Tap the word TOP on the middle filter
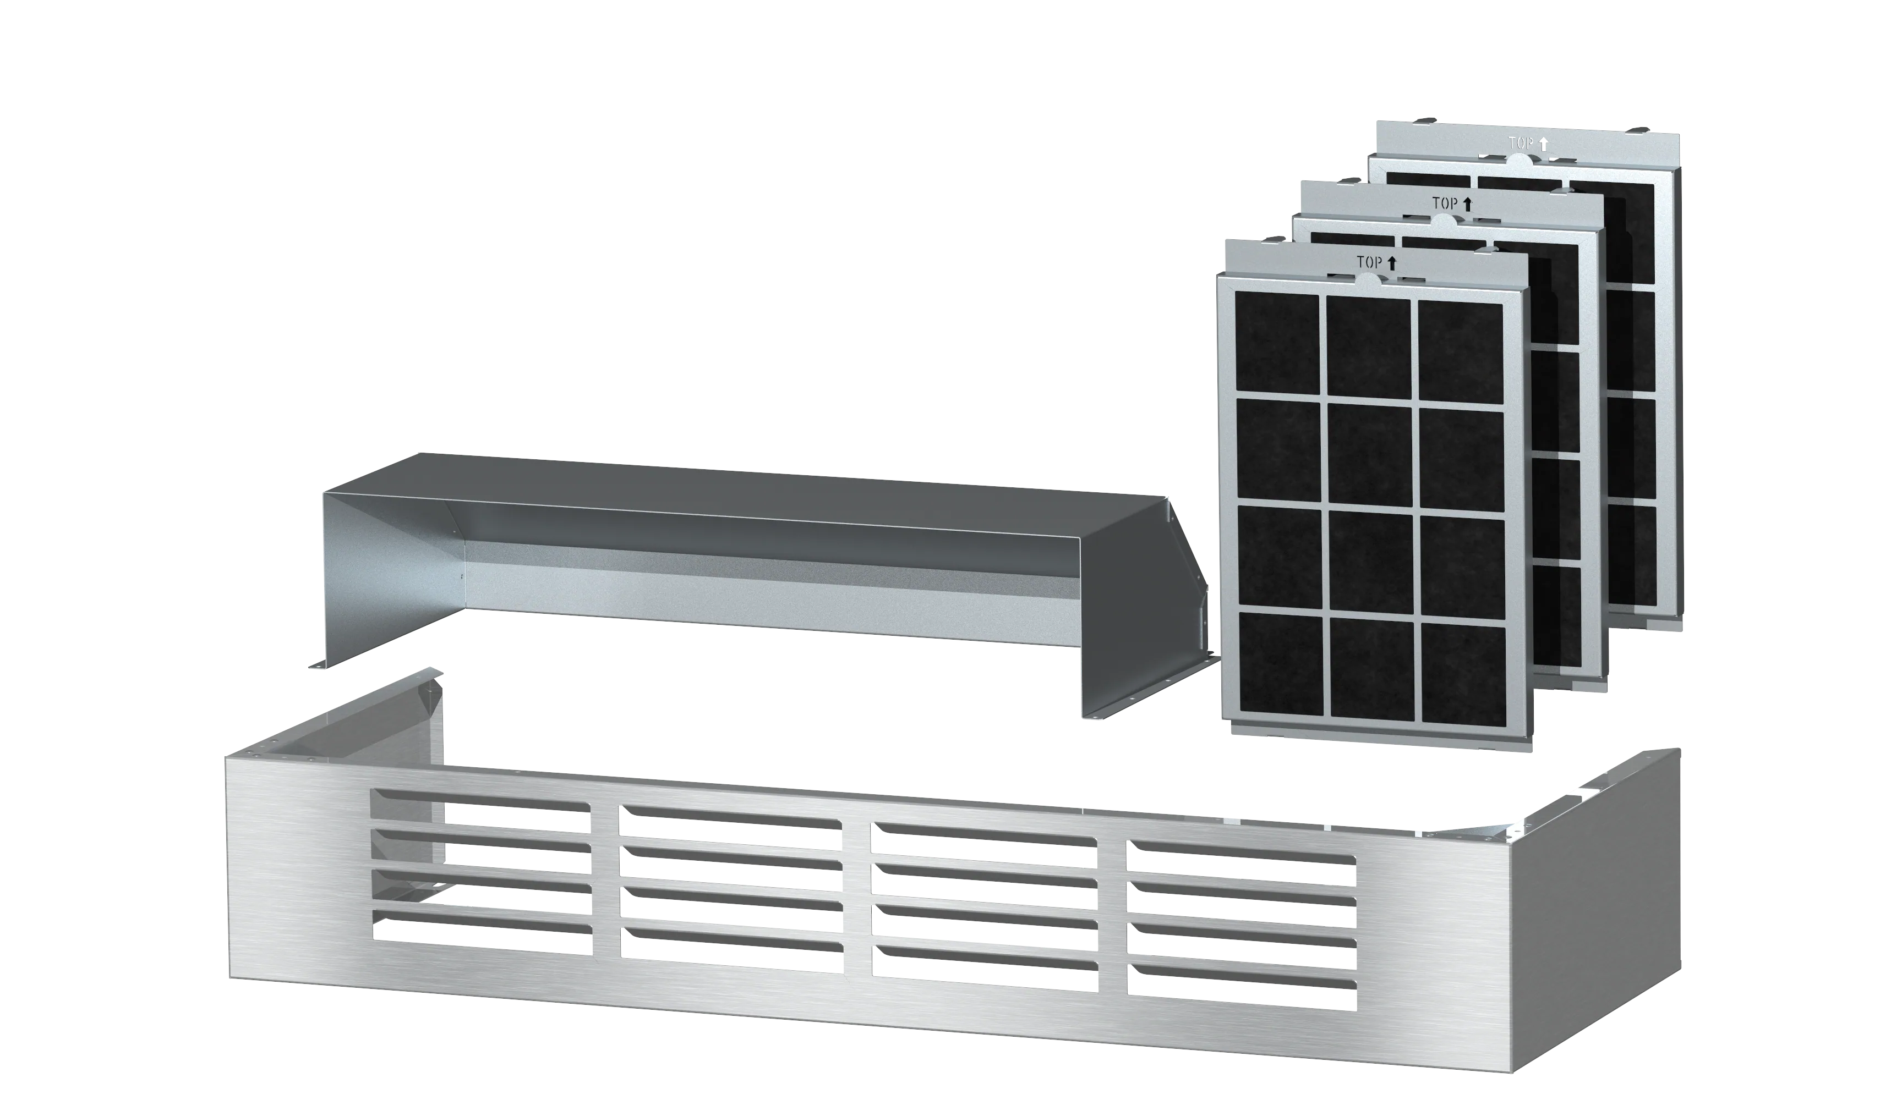1445,203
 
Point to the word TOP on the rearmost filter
1520,144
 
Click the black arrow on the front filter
1392,262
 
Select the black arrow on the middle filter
1468,204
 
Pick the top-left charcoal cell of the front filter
1277,343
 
